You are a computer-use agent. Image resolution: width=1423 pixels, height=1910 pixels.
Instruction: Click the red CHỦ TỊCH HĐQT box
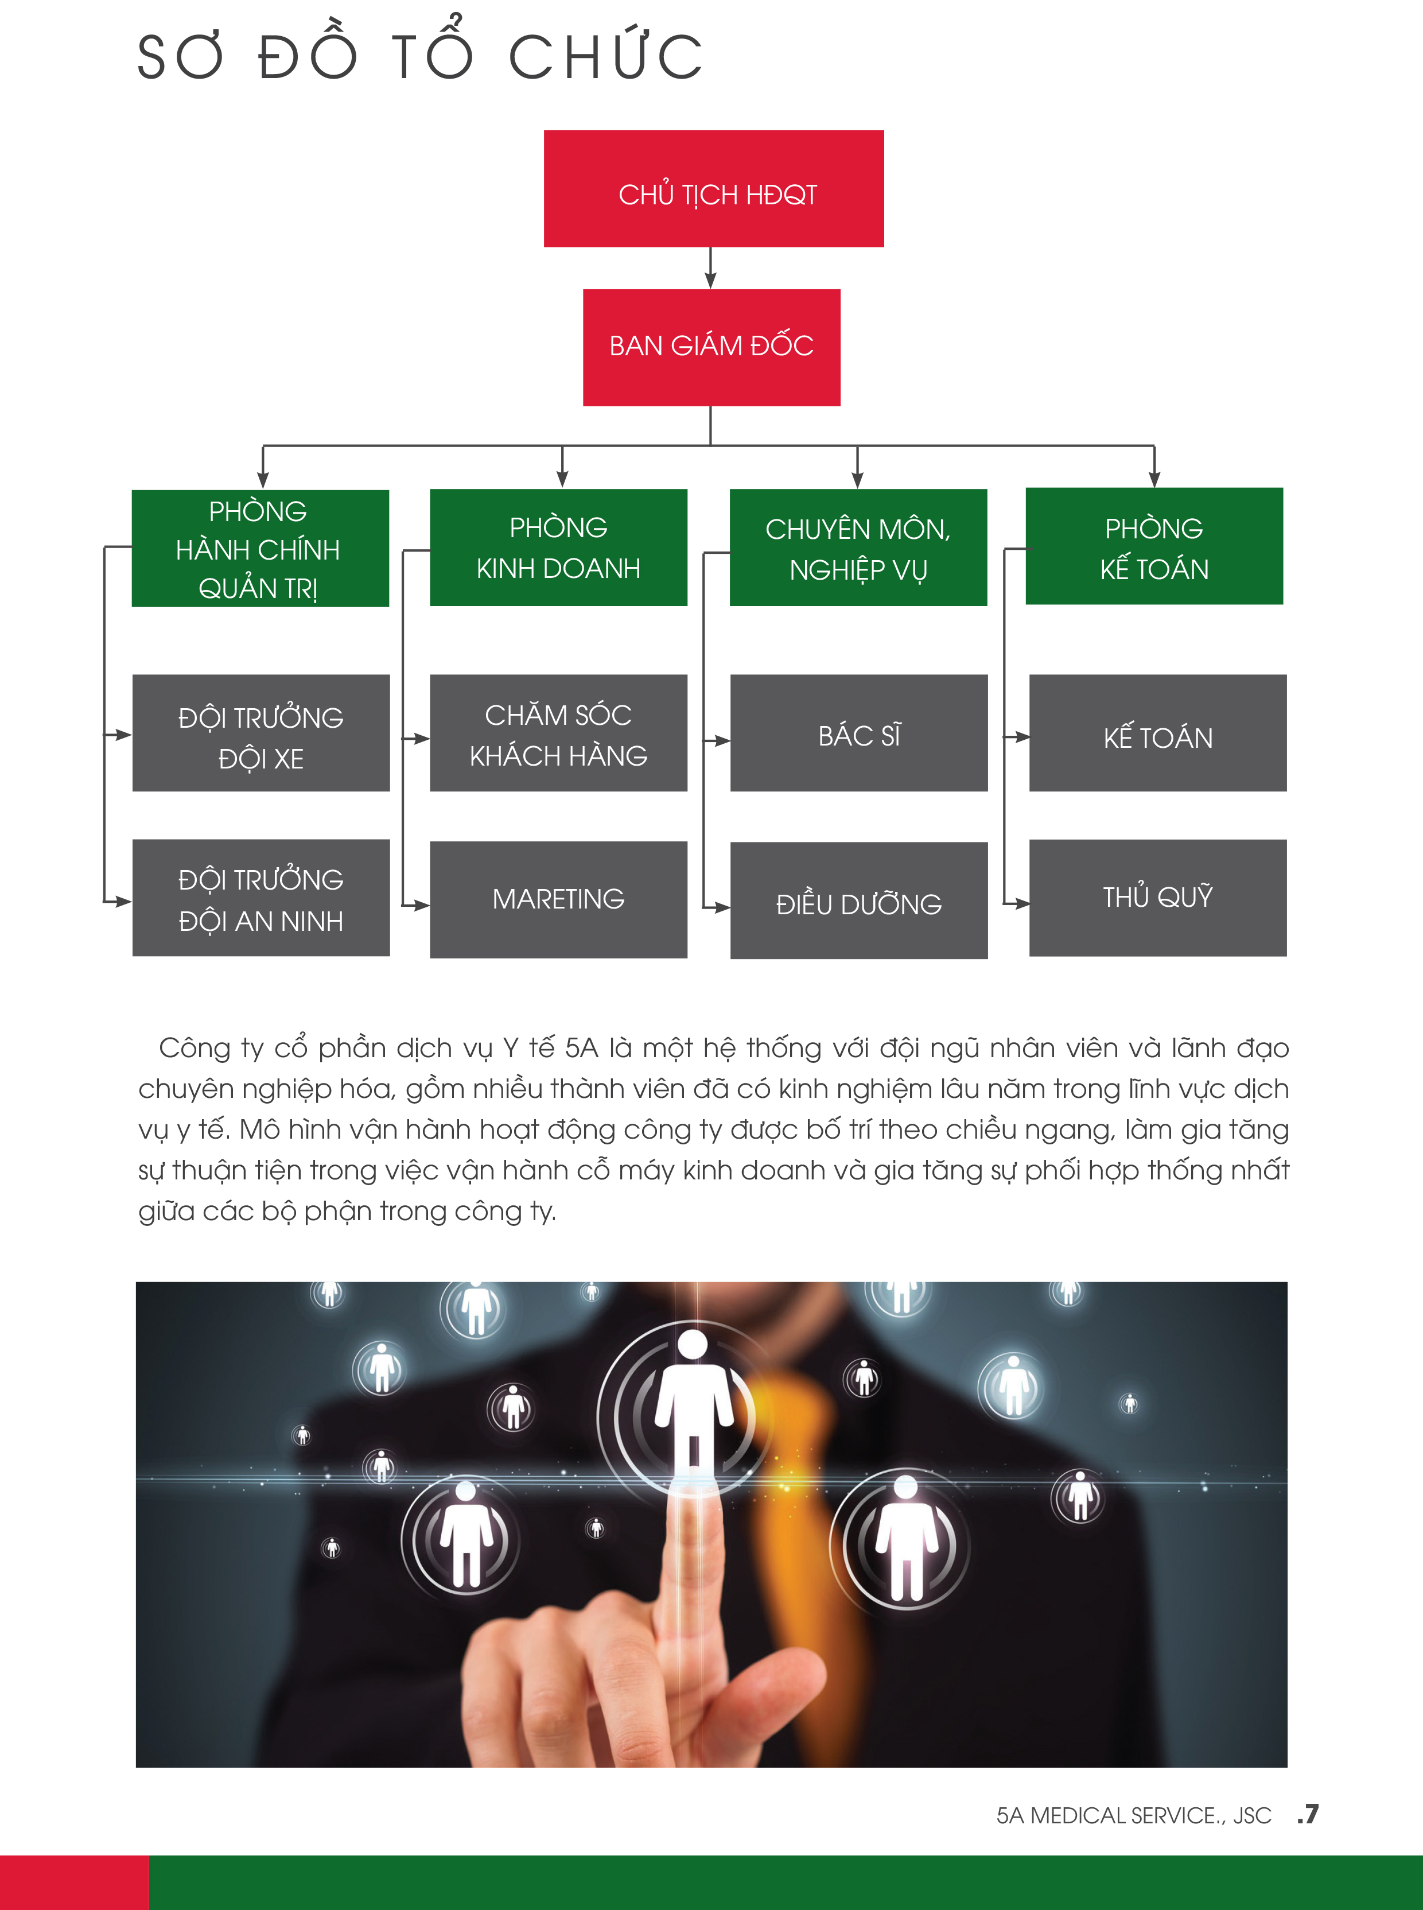pyautogui.click(x=713, y=189)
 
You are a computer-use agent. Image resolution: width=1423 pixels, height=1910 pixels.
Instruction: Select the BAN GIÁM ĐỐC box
pyautogui.click(x=711, y=347)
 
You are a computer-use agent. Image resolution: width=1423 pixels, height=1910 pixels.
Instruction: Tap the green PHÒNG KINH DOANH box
pyautogui.click(x=558, y=547)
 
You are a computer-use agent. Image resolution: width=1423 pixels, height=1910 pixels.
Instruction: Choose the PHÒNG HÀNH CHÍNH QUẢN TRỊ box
pyautogui.click(x=260, y=548)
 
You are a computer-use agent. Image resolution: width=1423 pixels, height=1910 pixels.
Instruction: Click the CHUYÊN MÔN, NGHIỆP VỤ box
pyautogui.click(x=858, y=547)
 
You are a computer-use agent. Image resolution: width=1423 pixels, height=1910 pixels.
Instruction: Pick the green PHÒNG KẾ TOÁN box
pyautogui.click(x=1154, y=546)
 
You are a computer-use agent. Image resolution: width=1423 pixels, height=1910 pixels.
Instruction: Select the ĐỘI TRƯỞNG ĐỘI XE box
pyautogui.click(x=261, y=733)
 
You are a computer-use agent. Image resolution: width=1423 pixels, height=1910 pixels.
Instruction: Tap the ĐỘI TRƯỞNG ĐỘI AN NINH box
pyautogui.click(x=261, y=898)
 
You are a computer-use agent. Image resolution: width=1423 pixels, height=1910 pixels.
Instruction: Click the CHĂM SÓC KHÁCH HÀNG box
pyautogui.click(x=558, y=733)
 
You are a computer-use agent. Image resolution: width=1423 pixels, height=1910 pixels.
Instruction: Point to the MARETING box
pyautogui.click(x=558, y=899)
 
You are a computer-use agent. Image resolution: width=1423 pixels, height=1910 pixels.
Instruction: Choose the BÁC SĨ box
pyautogui.click(x=859, y=733)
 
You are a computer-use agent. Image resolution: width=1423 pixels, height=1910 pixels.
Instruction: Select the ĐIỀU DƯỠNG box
pyautogui.click(x=859, y=900)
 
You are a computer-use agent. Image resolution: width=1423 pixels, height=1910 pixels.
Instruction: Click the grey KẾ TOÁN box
pyautogui.click(x=1158, y=733)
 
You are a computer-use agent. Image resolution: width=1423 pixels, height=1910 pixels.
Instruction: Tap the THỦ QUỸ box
pyautogui.click(x=1158, y=898)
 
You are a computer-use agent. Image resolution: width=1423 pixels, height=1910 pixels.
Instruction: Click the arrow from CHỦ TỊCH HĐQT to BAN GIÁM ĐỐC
pyautogui.click(x=710, y=268)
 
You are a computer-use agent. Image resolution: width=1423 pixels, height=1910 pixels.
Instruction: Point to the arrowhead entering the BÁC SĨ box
pyautogui.click(x=723, y=740)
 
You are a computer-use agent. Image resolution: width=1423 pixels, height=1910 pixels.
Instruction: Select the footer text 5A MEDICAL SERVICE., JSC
pyautogui.click(x=1134, y=1815)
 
